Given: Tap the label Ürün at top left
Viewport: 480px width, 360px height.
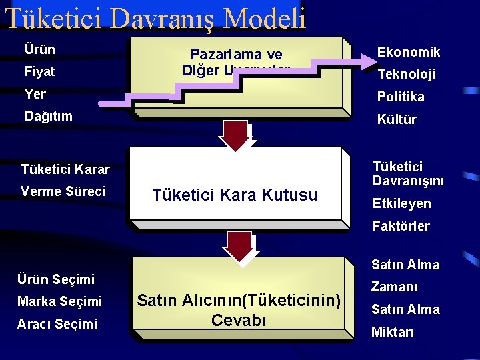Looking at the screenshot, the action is coord(39,49).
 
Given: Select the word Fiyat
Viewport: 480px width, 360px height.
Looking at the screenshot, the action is coord(39,71).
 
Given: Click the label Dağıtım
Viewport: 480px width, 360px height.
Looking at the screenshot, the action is coord(48,116).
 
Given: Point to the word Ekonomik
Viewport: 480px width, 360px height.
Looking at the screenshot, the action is coord(409,52).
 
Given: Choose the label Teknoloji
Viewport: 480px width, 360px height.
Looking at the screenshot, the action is coord(406,75).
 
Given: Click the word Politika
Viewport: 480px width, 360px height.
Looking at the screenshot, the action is coord(401,97).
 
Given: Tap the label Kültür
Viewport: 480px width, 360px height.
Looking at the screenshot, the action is coord(397,119).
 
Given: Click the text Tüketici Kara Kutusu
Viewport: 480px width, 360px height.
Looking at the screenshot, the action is coord(235,195).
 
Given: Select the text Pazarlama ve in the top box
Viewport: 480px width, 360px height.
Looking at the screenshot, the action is coord(237,55).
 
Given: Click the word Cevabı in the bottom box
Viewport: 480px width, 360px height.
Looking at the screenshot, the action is coord(238,320).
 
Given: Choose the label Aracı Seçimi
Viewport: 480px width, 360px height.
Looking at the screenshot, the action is coord(58,324).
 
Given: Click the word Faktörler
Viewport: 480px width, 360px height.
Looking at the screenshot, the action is coord(401,226).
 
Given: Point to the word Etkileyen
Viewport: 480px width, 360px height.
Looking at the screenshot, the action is coord(401,203).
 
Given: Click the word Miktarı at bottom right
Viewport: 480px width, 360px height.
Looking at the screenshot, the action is coord(393,332).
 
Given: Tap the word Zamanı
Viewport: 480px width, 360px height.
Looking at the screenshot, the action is coord(394,287).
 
